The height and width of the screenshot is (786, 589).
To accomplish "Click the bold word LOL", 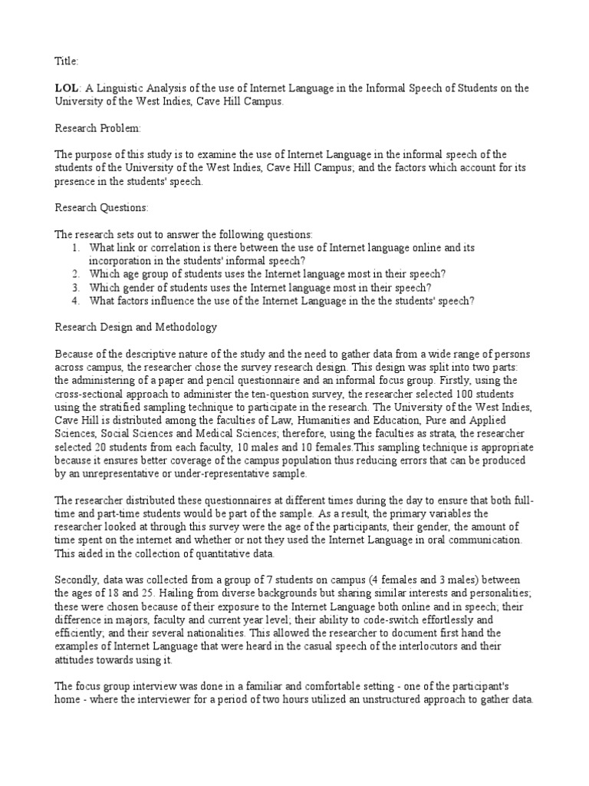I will click(67, 88).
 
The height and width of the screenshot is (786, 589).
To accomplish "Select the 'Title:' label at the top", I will click(67, 60).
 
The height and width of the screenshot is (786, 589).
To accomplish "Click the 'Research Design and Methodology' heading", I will click(136, 327).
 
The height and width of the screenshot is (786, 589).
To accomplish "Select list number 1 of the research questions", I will click(75, 247).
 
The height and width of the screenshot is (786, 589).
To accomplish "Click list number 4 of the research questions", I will click(75, 300).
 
